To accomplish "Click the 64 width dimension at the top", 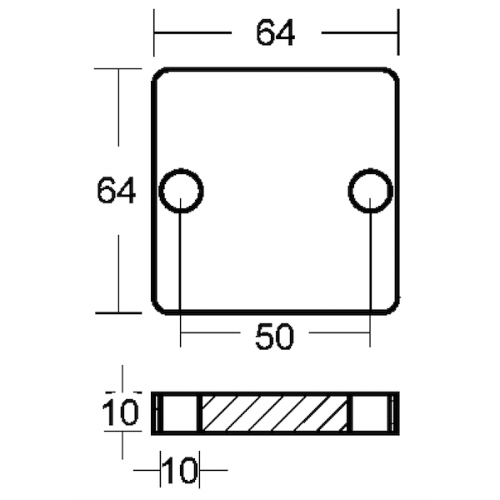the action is point(276,32).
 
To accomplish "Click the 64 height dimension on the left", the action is point(117,191).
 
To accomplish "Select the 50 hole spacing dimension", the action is point(274,337).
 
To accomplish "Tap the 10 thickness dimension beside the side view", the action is point(120,413).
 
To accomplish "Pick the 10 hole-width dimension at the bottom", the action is point(179,470).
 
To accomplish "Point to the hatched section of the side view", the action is point(276,413).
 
